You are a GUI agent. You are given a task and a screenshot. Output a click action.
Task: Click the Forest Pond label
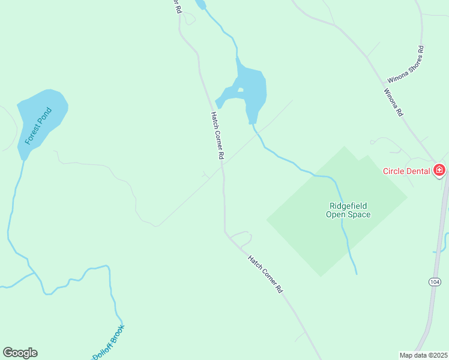(x=39, y=126)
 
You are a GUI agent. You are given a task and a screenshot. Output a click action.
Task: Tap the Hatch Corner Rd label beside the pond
(x=217, y=136)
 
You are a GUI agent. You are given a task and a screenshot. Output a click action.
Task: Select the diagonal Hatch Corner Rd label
(x=265, y=273)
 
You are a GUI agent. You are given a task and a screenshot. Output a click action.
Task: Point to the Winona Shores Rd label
(x=406, y=64)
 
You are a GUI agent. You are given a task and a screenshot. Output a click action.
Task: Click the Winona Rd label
(x=393, y=103)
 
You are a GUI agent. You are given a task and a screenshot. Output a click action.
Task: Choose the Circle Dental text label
(x=406, y=171)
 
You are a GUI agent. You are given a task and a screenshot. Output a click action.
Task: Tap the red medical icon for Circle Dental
(x=439, y=170)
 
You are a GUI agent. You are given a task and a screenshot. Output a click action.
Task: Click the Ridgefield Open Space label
(x=348, y=210)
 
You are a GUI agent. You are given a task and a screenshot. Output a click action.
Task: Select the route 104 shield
(x=435, y=282)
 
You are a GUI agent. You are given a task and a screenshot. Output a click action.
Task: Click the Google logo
(x=20, y=353)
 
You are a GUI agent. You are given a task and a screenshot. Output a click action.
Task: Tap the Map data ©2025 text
(x=423, y=355)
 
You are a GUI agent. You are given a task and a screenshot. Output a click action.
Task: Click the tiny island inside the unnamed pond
(x=240, y=91)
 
